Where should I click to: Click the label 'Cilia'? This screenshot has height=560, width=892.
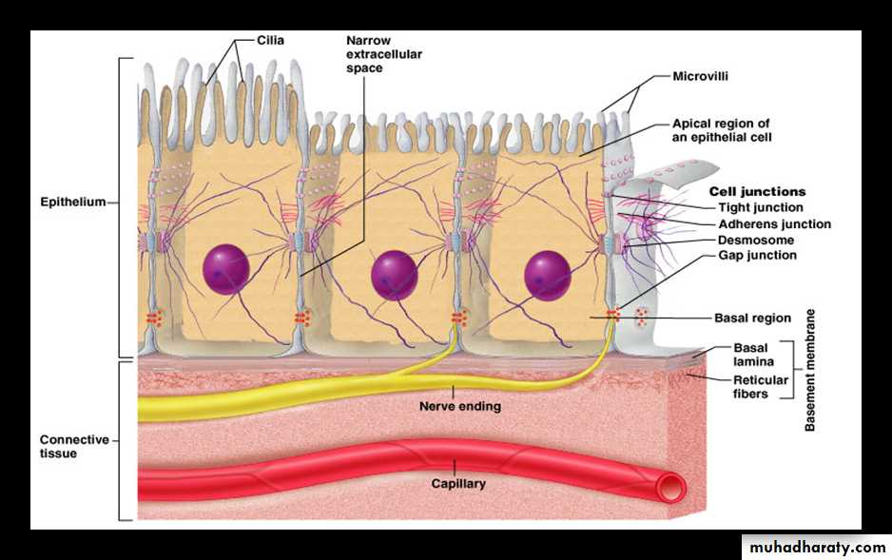pos(270,41)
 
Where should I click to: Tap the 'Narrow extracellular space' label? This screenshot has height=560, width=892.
pos(383,54)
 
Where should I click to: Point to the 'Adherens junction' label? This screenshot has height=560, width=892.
pos(774,224)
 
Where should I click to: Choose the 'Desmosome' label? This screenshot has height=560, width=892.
pos(756,240)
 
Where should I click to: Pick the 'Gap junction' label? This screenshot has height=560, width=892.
pos(757,255)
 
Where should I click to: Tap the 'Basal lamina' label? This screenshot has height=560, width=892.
pos(750,355)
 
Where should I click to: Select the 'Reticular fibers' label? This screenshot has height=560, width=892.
pos(760,387)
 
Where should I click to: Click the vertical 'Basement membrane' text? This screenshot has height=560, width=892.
pos(810,370)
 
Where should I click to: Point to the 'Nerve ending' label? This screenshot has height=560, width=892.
pos(460,406)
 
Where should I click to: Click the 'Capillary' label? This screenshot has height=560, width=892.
pos(458,483)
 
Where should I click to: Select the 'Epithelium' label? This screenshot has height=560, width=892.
pos(72,202)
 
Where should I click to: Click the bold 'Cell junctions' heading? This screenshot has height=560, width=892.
pos(757,191)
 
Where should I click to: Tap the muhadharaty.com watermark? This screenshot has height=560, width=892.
pos(817,548)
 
